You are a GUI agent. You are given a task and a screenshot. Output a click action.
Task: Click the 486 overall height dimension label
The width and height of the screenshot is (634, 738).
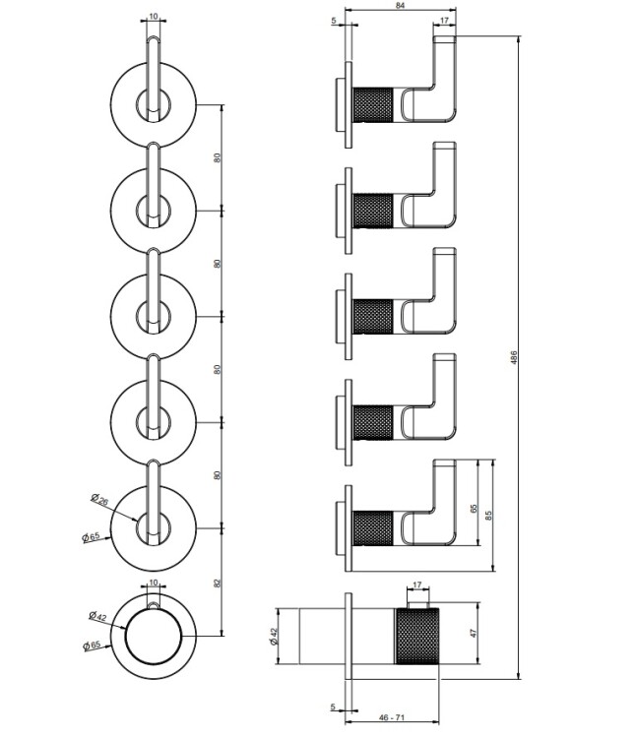(x=514, y=358)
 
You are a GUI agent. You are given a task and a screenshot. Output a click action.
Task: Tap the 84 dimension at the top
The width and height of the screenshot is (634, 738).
(x=401, y=5)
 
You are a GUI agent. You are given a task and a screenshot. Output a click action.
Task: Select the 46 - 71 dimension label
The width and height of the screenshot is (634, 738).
(x=392, y=717)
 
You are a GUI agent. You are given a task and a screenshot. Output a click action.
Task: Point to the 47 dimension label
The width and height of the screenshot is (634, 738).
(x=474, y=633)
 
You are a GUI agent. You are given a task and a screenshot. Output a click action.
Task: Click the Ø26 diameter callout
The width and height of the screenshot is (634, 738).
(x=99, y=499)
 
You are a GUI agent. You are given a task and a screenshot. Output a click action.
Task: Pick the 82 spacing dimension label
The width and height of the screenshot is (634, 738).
(x=217, y=584)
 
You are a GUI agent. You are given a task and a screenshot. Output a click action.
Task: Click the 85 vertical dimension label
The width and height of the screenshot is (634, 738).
(x=488, y=516)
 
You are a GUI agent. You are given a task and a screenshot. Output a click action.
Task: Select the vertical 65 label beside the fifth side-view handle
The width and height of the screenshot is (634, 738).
(x=474, y=509)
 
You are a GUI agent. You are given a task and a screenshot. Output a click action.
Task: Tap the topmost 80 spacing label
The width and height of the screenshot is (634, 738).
(x=217, y=157)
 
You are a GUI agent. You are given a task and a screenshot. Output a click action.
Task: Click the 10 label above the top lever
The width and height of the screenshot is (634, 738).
(x=154, y=17)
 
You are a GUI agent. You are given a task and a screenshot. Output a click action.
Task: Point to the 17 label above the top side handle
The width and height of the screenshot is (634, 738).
(x=444, y=21)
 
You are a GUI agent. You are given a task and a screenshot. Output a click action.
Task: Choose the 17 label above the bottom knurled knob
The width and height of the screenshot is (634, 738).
(x=417, y=585)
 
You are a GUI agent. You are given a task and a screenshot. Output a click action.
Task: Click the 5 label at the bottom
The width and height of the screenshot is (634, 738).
(x=333, y=707)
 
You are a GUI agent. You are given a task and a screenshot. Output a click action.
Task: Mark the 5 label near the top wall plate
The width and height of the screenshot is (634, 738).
(x=334, y=21)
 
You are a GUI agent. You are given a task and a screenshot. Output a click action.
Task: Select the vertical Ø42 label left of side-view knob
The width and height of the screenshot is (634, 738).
(x=275, y=637)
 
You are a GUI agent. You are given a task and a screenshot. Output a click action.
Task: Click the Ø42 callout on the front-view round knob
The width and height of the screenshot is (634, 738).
(x=98, y=617)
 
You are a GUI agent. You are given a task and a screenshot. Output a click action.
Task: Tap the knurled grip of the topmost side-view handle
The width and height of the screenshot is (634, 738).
(x=372, y=104)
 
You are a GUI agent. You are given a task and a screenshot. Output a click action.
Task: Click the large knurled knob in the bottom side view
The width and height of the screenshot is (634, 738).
(x=417, y=637)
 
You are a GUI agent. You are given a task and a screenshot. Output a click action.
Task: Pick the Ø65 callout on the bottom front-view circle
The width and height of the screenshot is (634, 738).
(x=92, y=646)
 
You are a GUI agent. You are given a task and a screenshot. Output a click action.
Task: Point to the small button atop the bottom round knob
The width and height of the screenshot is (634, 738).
(x=153, y=605)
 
